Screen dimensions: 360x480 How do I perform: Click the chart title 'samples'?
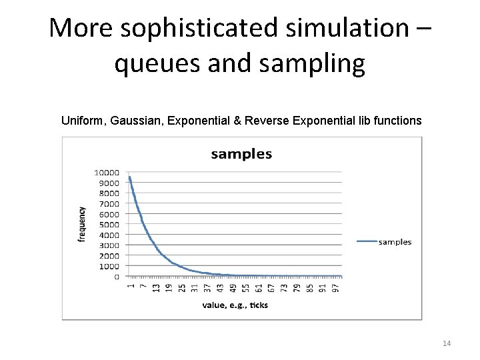[241, 154]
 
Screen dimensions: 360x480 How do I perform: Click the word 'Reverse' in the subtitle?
[269, 121]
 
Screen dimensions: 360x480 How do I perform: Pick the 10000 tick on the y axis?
[106, 173]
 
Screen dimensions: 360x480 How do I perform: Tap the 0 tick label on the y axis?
[117, 276]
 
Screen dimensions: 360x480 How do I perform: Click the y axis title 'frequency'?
[82, 223]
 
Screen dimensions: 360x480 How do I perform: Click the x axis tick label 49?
[233, 287]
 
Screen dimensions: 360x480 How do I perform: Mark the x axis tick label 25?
[182, 287]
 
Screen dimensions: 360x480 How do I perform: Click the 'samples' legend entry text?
[395, 242]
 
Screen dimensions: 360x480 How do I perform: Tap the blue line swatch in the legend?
[366, 242]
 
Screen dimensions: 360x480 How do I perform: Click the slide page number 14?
[447, 343]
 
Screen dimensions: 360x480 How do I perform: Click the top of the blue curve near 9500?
[129, 177]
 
